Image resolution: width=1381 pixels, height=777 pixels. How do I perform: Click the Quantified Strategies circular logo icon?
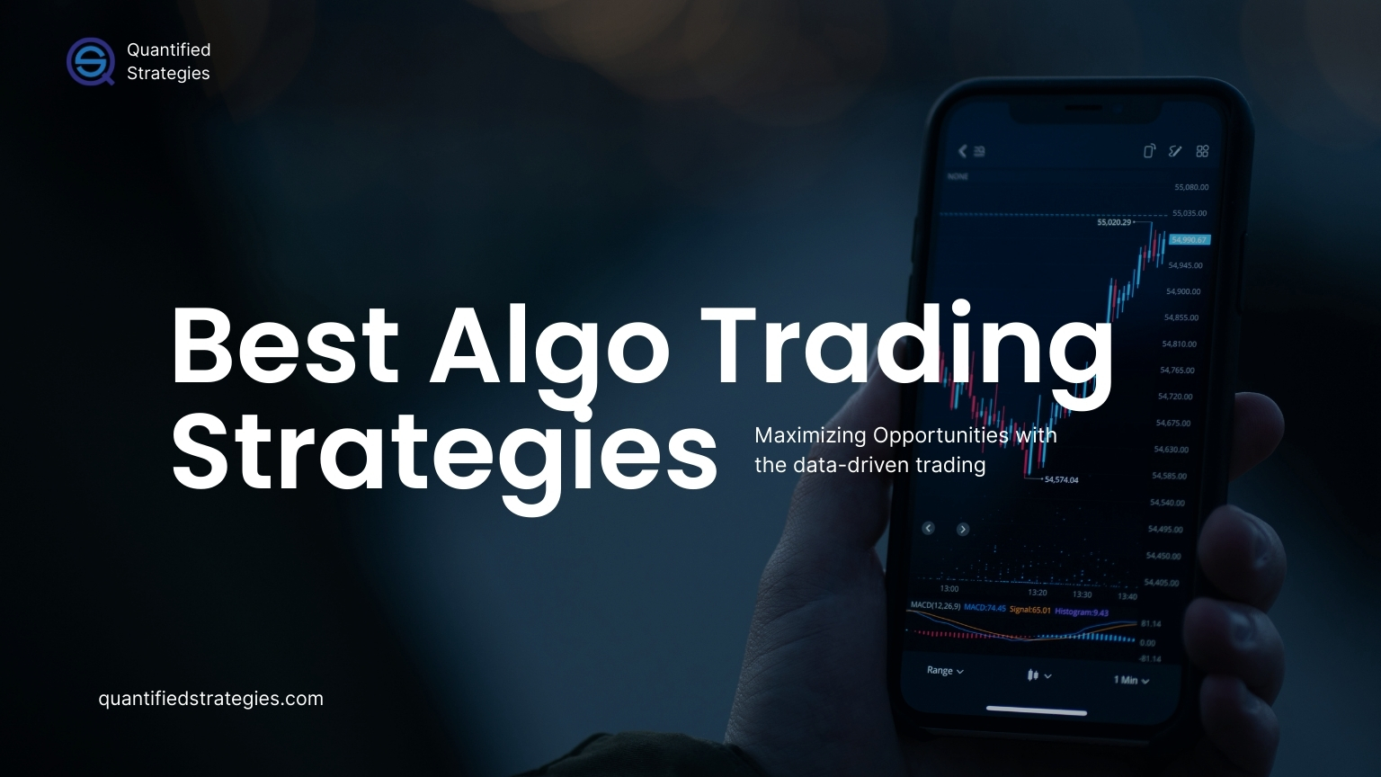(x=90, y=61)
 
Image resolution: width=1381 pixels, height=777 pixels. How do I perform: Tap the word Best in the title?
(x=284, y=346)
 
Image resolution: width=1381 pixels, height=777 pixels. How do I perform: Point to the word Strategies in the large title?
(x=444, y=452)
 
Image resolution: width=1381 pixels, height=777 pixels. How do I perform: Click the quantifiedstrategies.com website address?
(x=210, y=699)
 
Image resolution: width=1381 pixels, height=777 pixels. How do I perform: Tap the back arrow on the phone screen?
(x=963, y=151)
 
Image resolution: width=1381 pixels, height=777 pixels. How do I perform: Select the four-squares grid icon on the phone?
(x=1202, y=151)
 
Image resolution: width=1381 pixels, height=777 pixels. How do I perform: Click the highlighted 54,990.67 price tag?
(x=1189, y=240)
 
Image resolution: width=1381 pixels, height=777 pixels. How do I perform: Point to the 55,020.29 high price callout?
(x=1114, y=222)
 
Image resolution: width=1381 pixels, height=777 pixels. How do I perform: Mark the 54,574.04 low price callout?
(x=1061, y=480)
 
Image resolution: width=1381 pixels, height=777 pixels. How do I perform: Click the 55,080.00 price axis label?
(x=1191, y=187)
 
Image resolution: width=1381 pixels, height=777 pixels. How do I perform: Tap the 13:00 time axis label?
(x=949, y=589)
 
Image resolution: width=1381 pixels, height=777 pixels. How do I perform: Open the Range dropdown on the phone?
(x=945, y=671)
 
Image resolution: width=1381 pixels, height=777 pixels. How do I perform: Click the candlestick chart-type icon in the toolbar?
(x=1038, y=674)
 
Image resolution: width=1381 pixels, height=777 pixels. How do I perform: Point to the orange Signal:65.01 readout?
(x=1029, y=610)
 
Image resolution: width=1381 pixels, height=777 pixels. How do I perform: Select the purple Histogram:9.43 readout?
(x=1082, y=612)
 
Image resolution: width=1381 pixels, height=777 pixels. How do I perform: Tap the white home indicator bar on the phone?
(x=1036, y=710)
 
